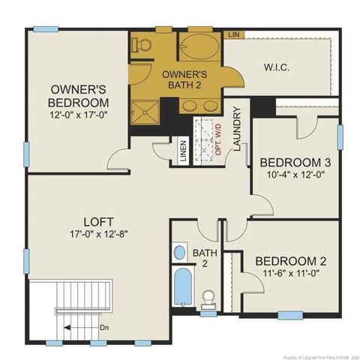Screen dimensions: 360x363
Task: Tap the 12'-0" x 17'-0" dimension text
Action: click(x=78, y=116)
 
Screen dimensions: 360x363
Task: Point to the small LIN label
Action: click(x=234, y=35)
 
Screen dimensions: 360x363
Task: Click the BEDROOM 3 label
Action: click(x=295, y=163)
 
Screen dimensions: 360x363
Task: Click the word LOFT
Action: click(x=98, y=222)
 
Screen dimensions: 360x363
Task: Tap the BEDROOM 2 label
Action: click(x=290, y=261)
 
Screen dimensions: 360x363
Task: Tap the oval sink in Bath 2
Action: click(x=179, y=252)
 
